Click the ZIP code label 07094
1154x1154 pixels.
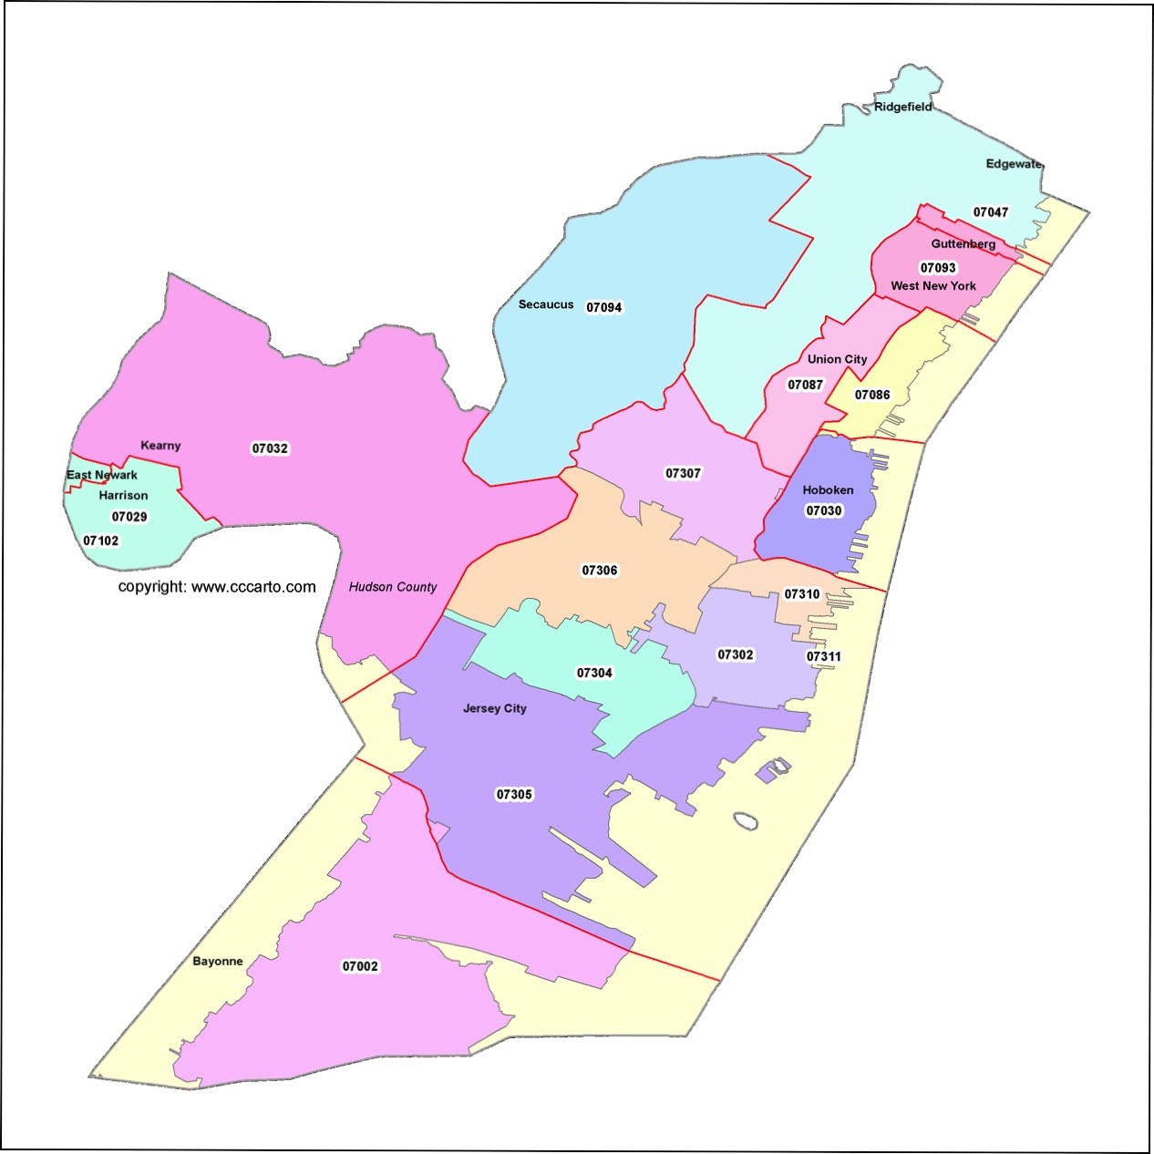tap(603, 307)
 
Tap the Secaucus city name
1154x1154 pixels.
tap(546, 304)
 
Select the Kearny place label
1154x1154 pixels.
tap(160, 446)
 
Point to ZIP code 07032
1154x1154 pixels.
tap(270, 448)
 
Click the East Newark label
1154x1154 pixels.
tap(102, 475)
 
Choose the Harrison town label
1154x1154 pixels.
tap(123, 496)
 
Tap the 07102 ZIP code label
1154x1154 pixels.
tap(100, 541)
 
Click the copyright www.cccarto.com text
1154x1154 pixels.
tap(217, 587)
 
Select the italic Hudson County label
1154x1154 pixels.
tap(393, 587)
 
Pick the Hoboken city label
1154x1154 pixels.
tap(828, 490)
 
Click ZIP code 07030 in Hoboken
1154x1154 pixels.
tap(824, 510)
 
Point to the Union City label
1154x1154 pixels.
tap(837, 359)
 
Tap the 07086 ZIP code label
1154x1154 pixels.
tap(872, 395)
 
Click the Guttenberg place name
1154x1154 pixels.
tap(963, 244)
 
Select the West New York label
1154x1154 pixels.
tap(933, 286)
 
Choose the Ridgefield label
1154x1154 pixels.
tap(902, 107)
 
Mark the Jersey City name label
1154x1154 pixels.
tap(494, 708)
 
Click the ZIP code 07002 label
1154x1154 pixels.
tap(360, 966)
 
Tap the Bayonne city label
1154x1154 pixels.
tap(218, 962)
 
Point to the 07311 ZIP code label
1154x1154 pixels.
tap(824, 656)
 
